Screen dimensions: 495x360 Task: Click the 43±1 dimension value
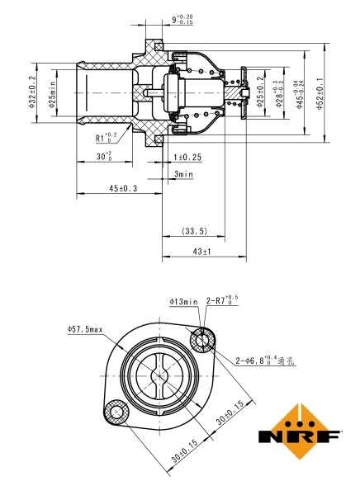coord(202,251)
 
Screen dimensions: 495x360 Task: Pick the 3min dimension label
coord(183,174)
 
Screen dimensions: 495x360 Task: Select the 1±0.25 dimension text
coord(187,157)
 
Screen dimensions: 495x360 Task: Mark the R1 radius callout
coord(106,139)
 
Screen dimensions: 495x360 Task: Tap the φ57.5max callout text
coord(85,330)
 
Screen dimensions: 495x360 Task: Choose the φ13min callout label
coord(184,302)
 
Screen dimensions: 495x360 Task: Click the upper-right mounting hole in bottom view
coord(201,339)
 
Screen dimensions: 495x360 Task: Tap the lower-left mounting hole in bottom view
coord(115,411)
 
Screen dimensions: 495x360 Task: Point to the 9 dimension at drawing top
coord(182,18)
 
